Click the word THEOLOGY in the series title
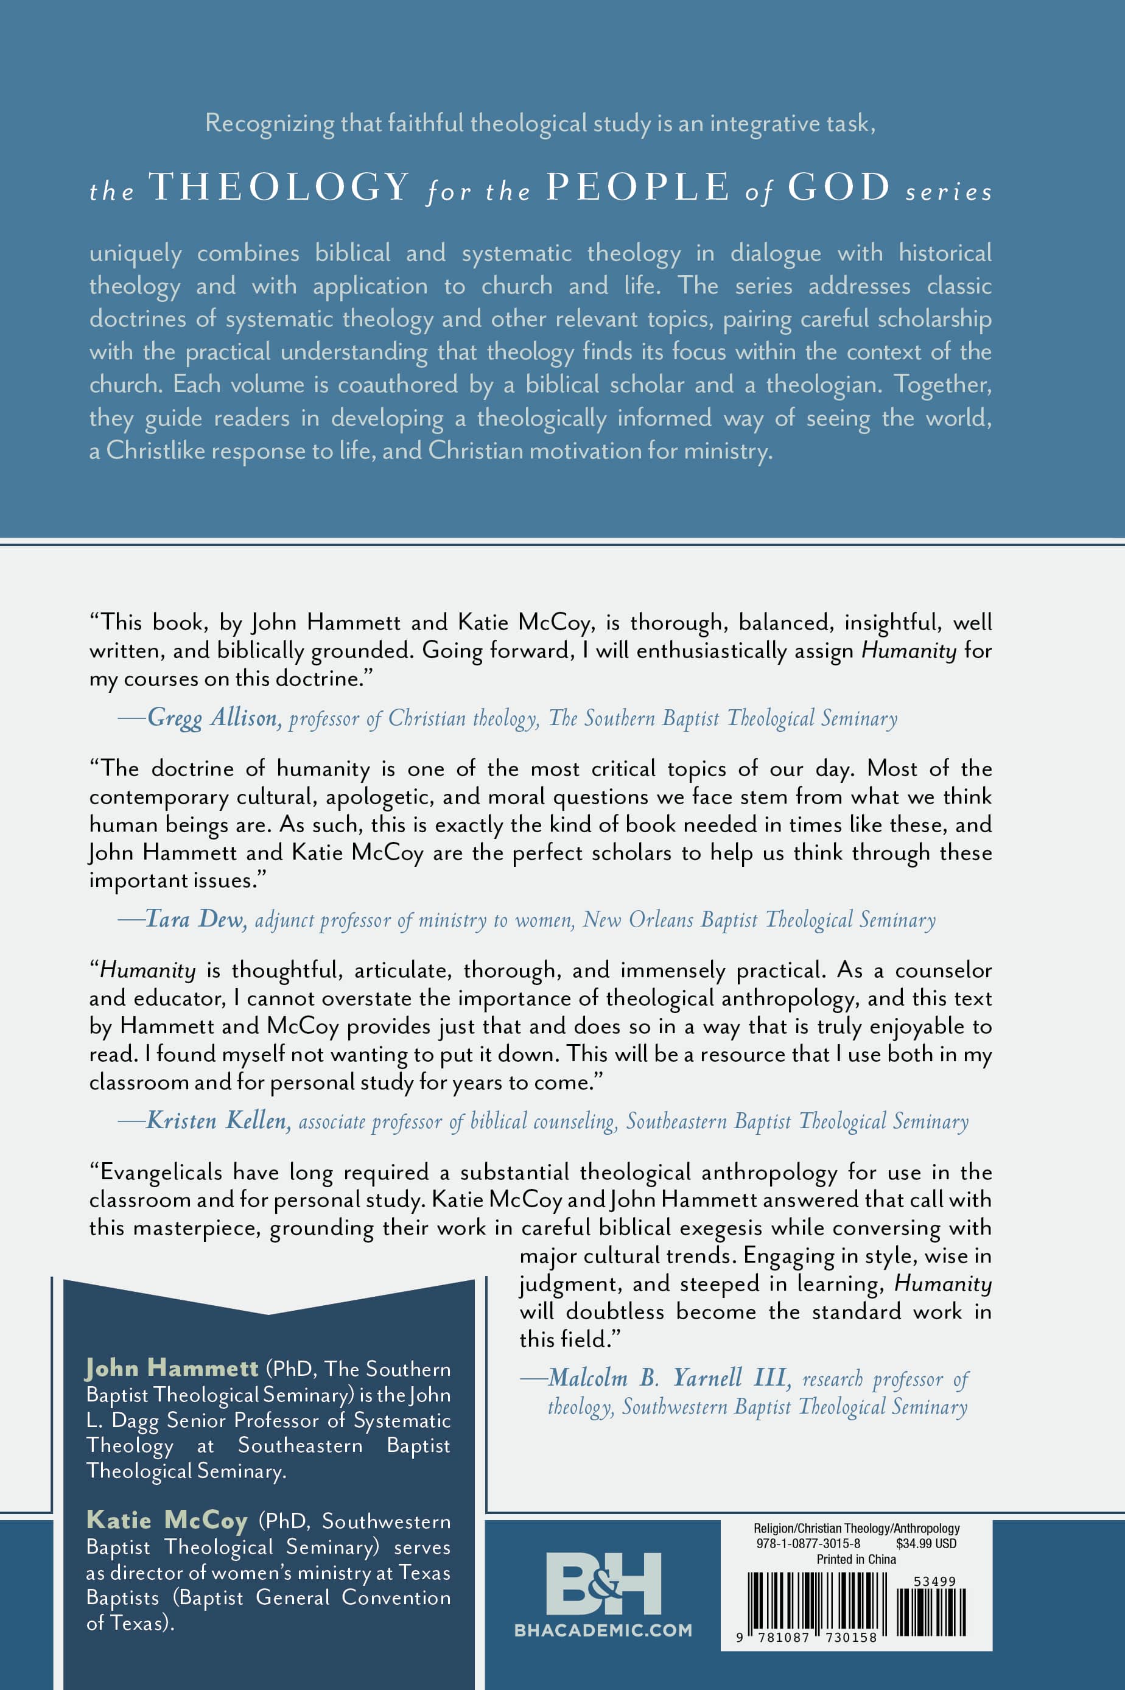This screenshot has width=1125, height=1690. [279, 188]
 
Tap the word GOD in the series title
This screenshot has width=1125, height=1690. [839, 188]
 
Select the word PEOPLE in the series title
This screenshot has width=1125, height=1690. [638, 188]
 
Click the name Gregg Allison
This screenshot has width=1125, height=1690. [214, 717]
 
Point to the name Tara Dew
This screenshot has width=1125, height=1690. [196, 919]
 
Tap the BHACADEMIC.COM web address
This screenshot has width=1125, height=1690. [603, 1630]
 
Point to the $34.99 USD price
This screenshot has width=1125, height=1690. [925, 1543]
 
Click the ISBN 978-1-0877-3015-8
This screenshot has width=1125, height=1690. [808, 1543]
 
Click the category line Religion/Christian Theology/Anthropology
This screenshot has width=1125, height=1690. [856, 1529]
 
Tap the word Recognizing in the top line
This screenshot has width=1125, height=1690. [269, 124]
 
